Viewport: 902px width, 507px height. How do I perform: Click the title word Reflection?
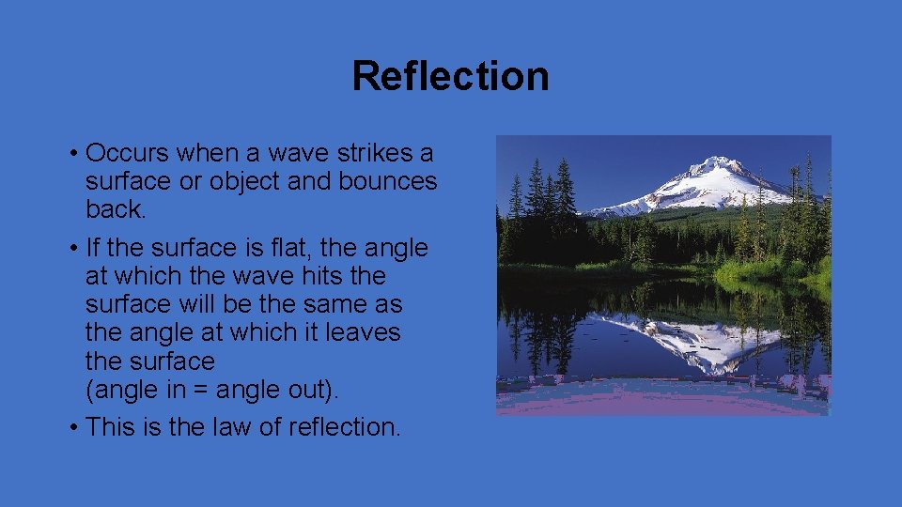(x=450, y=76)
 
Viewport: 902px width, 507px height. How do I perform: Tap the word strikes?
(x=367, y=153)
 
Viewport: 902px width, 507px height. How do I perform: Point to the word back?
(x=116, y=209)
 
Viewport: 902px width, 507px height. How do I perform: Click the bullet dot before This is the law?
(x=73, y=428)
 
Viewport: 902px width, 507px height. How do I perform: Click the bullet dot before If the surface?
(x=73, y=249)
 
